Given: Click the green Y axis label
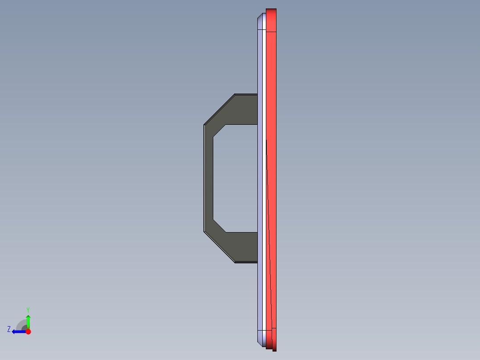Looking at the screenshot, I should (x=28, y=309).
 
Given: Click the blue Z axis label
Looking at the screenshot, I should (x=9, y=329).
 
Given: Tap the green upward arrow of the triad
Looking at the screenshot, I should (x=28, y=320).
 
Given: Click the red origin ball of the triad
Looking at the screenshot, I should (x=28, y=331).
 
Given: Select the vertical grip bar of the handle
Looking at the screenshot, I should (x=208, y=178).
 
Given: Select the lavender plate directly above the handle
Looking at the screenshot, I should (x=261, y=67).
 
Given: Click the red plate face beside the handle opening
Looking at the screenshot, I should (x=273, y=178).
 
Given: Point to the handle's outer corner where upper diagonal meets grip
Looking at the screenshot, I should (x=204, y=125).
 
